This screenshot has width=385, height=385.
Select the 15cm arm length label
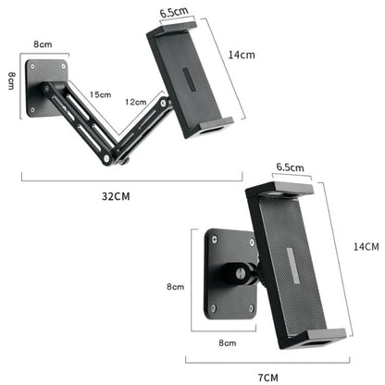pyautogui.click(x=100, y=94)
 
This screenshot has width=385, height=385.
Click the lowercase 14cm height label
pyautogui.click(x=242, y=56)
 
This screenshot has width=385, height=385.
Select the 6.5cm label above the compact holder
pyautogui.click(x=288, y=168)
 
